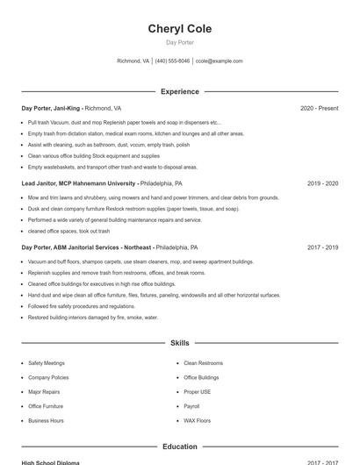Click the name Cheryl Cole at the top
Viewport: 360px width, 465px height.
tap(180, 29)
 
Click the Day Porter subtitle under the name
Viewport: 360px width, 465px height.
tap(180, 42)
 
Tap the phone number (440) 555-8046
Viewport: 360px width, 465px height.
tap(172, 61)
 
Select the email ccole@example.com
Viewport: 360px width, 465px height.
tap(220, 61)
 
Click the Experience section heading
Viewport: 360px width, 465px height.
tap(180, 91)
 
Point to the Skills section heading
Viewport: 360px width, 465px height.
tap(180, 343)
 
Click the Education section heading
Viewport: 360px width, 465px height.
tap(180, 447)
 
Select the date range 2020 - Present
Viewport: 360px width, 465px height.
tap(319, 108)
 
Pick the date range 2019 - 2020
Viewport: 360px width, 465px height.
tap(322, 183)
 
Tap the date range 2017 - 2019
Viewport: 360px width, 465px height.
tap(322, 247)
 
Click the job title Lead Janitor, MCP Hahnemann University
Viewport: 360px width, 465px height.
tap(79, 183)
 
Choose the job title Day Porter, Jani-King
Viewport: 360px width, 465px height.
tap(51, 108)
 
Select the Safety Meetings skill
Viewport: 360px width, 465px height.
tap(47, 362)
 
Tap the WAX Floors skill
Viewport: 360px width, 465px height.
tap(198, 420)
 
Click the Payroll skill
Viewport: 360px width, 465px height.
tap(192, 406)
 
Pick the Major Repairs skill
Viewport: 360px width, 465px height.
tap(44, 391)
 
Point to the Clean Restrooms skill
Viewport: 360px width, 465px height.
tap(204, 362)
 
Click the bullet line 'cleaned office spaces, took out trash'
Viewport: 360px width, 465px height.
tap(68, 231)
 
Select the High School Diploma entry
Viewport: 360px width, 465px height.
tap(51, 462)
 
